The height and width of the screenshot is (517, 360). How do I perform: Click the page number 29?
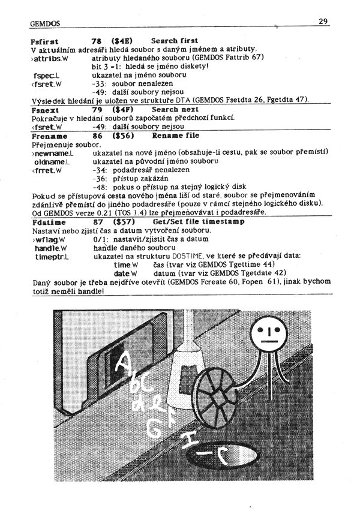click(322, 22)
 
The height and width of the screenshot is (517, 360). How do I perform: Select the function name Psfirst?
click(44, 40)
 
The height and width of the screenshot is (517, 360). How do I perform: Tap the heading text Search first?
click(175, 40)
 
